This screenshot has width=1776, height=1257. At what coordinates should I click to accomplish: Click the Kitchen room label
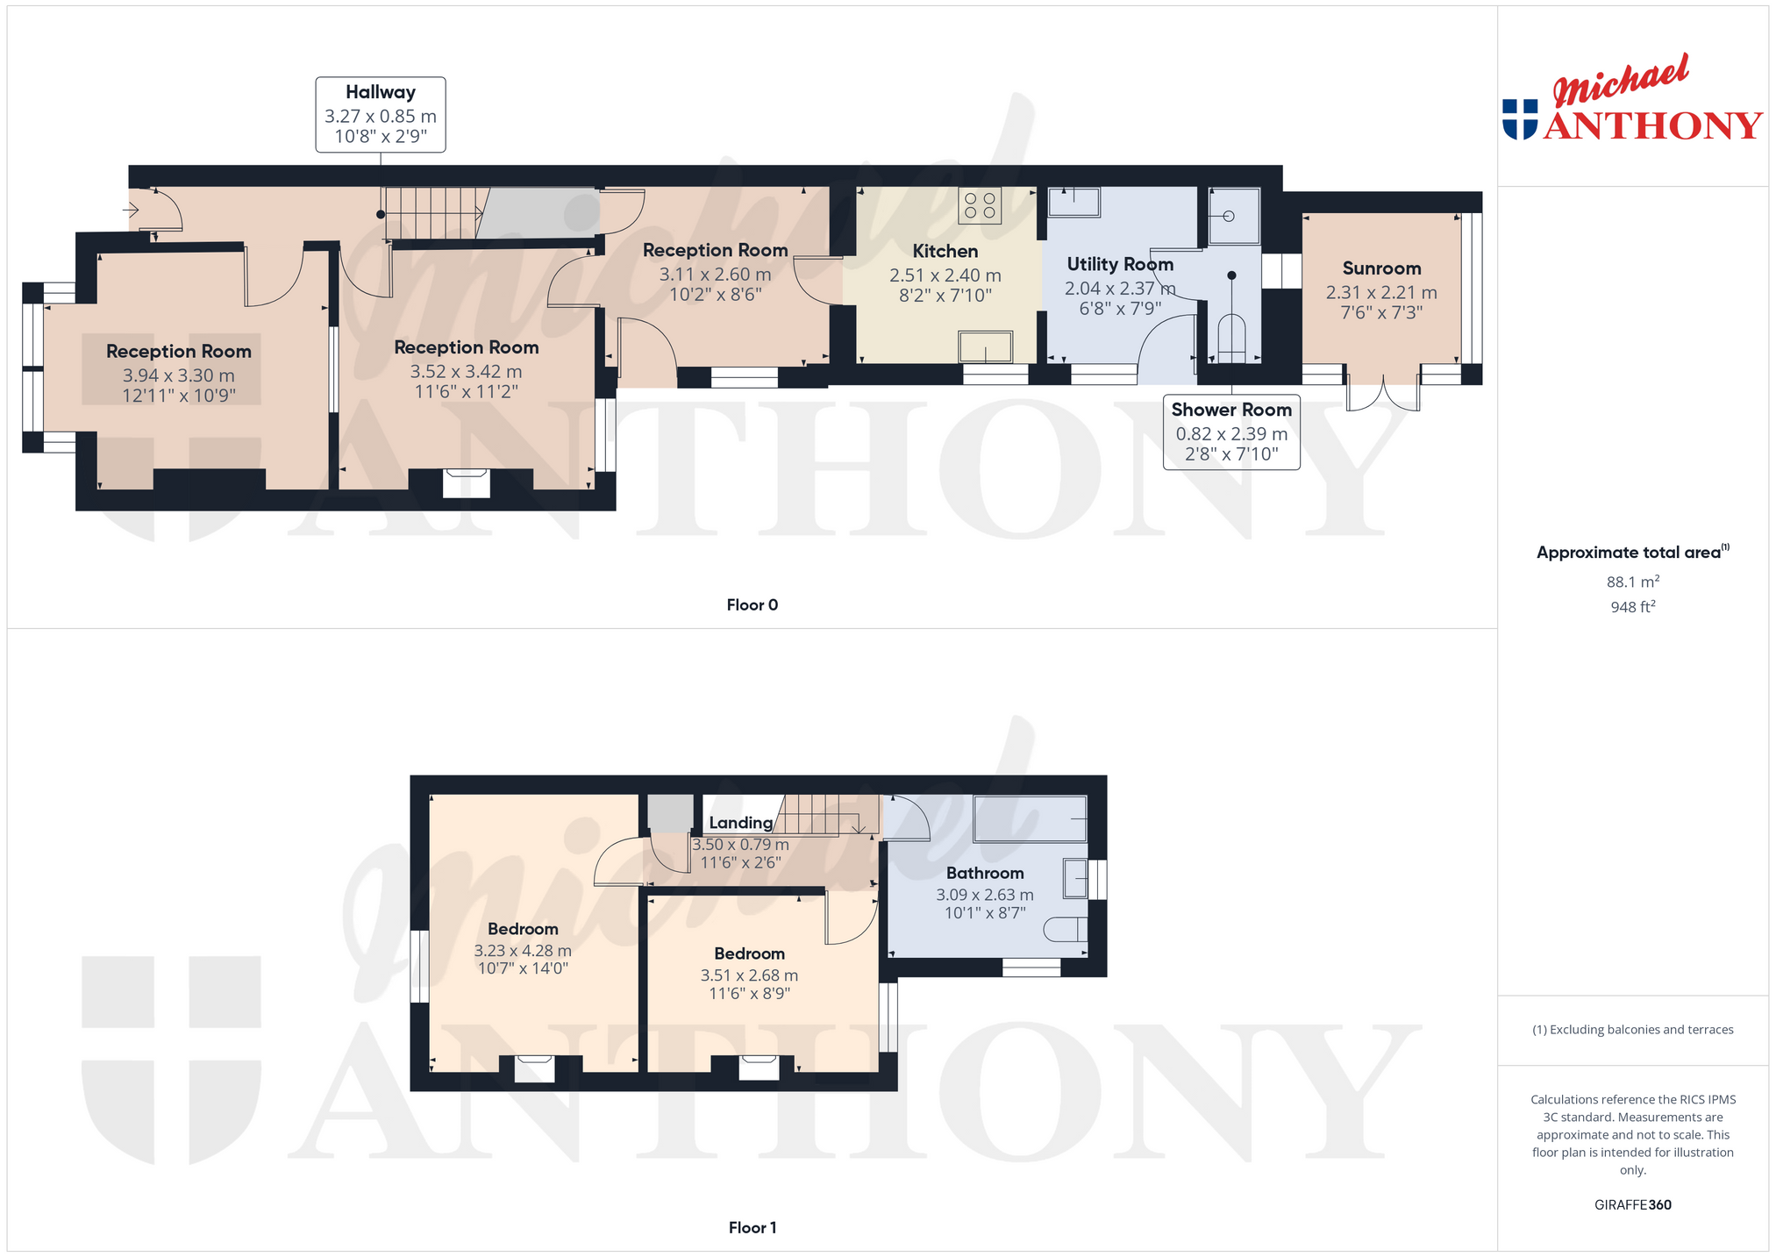945,252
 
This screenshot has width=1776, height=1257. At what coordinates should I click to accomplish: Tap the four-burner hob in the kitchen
980,205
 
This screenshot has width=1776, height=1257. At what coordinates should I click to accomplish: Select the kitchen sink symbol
985,346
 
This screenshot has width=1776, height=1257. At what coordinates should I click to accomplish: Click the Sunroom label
1381,268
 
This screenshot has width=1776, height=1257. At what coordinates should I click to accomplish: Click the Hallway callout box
381,115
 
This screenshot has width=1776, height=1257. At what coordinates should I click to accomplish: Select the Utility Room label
1120,264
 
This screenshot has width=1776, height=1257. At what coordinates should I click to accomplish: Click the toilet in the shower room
1231,339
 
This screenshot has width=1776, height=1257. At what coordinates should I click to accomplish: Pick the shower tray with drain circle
1234,216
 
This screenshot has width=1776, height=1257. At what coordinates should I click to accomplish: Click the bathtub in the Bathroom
1030,818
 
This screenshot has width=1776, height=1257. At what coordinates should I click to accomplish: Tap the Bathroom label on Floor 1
985,873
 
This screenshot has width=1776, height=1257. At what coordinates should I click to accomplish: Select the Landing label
741,823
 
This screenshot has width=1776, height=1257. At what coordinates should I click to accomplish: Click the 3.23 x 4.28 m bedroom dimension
523,950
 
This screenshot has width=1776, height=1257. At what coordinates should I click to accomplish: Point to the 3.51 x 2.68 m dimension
749,975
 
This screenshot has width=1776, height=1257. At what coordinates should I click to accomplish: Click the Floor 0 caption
752,605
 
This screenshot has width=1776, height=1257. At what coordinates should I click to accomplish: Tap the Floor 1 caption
752,1228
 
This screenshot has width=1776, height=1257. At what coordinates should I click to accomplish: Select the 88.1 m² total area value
1633,582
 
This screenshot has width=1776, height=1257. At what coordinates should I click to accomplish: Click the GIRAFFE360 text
1633,1205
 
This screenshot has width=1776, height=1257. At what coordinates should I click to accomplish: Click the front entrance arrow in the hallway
132,211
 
